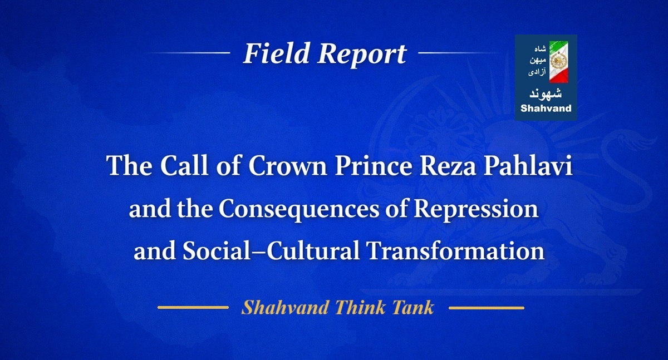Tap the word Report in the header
362,54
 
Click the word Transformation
455,251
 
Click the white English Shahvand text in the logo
546,109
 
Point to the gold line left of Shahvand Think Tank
193,307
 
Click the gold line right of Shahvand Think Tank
486,307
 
